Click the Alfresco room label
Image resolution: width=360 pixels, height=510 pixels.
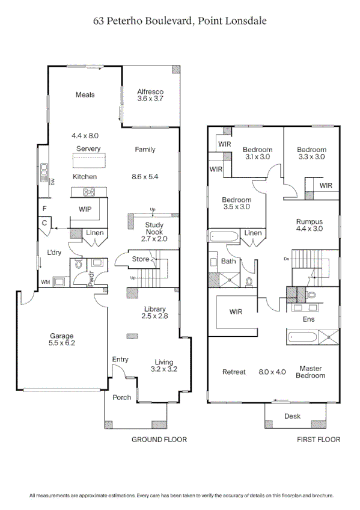pos(150,92)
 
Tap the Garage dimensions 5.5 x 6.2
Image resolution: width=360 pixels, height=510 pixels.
pos(62,343)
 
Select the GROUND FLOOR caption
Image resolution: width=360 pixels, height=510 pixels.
pos(159,440)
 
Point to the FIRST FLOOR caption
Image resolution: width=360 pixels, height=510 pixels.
pos(319,440)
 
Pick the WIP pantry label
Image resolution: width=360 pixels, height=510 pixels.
pos(85,209)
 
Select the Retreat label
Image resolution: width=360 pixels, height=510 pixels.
pos(234,372)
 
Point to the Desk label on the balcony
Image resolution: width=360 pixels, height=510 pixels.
pos(293,416)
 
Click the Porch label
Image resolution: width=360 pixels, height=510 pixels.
pos(122,398)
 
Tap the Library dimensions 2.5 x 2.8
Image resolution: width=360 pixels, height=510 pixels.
pos(154,316)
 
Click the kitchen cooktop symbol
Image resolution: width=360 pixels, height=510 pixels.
pos(89,192)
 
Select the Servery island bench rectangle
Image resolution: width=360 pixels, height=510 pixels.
pos(89,161)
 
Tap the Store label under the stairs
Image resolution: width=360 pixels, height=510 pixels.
pos(141,260)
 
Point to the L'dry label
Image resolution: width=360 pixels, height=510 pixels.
pos(55,253)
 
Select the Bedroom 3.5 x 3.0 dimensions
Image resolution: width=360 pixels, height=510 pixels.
pos(236,207)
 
